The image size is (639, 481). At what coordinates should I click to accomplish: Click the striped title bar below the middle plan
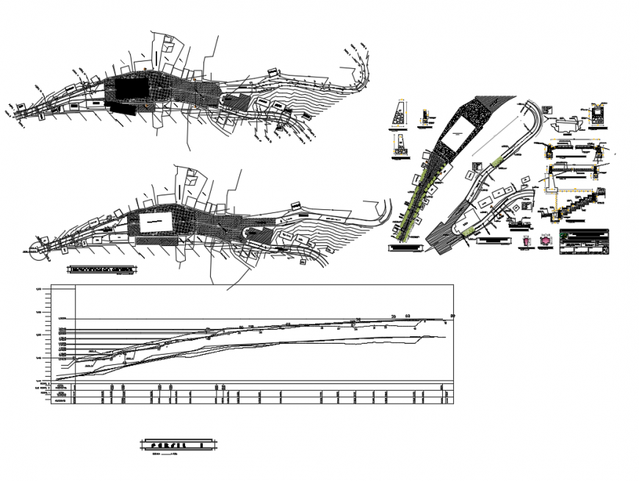point(102,270)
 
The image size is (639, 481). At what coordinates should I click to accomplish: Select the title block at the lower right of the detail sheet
point(584,243)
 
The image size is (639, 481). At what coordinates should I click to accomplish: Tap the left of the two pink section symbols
point(526,241)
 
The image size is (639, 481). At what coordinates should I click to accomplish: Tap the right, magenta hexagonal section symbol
point(545,241)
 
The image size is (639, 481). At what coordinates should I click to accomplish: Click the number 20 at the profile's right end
point(452,317)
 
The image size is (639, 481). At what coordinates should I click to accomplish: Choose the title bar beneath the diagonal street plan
point(405,248)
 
